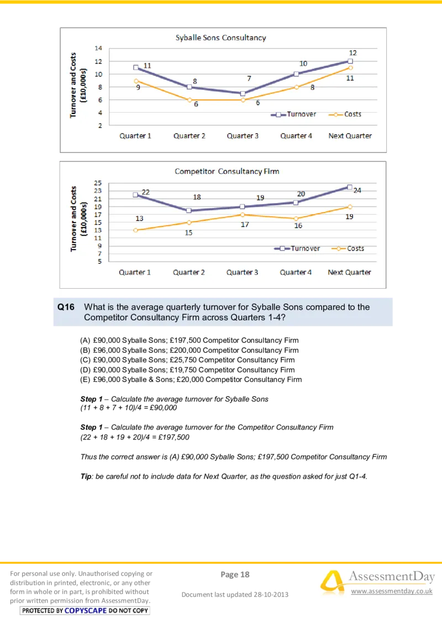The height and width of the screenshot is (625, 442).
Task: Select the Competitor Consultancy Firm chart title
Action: click(227, 171)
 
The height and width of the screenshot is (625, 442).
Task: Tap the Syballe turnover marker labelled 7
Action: click(243, 93)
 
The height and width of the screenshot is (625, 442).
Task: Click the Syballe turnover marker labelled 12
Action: click(350, 61)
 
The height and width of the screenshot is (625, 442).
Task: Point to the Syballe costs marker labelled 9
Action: click(135, 81)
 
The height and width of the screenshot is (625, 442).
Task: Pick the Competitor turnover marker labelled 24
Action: click(349, 187)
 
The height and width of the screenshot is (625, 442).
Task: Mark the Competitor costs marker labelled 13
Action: click(135, 230)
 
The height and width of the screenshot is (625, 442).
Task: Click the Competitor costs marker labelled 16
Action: click(296, 219)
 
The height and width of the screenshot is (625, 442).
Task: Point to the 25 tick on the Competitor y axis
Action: click(98, 183)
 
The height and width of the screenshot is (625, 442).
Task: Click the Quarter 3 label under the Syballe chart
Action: click(243, 136)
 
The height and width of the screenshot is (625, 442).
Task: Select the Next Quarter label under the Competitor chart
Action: click(349, 272)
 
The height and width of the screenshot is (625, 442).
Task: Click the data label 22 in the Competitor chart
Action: click(146, 192)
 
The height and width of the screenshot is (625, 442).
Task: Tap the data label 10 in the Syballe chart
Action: click(303, 63)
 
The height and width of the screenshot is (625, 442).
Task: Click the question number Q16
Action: click(66, 307)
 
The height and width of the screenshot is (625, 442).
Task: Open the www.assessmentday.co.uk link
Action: click(391, 591)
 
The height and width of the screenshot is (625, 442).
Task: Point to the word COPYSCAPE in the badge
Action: click(86, 611)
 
